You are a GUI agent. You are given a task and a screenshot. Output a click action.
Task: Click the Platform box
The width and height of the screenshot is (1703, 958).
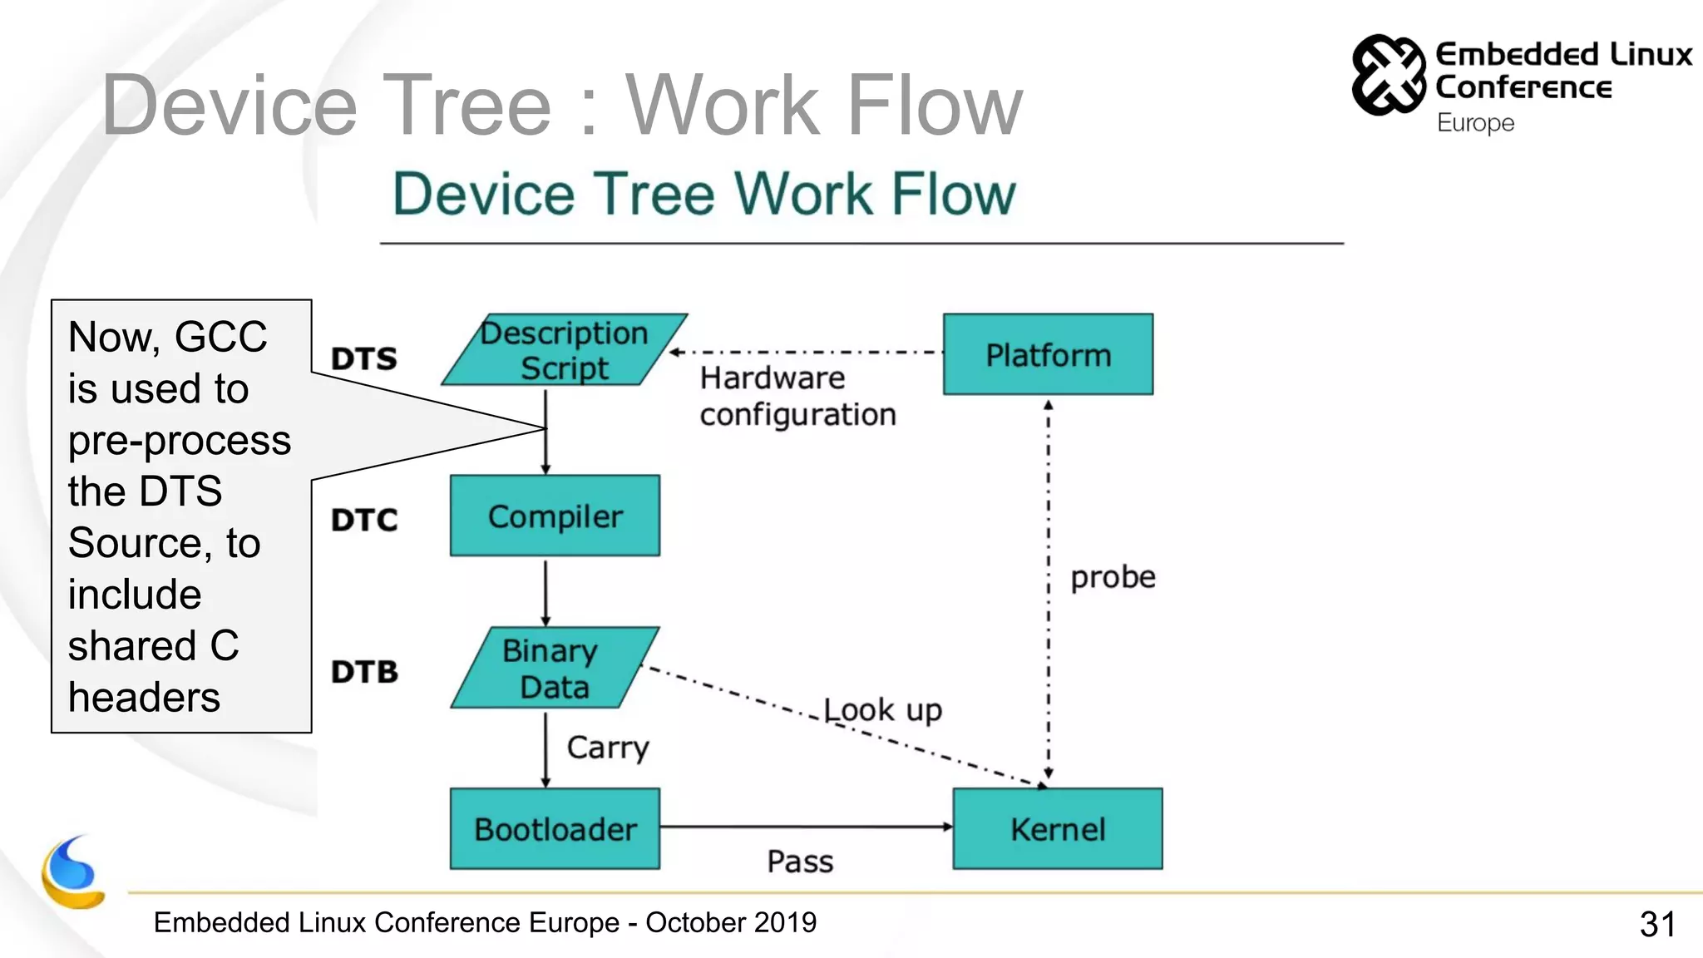pyautogui.click(x=1048, y=354)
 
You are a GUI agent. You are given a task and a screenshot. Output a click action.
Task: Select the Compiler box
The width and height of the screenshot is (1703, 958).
pyautogui.click(x=555, y=516)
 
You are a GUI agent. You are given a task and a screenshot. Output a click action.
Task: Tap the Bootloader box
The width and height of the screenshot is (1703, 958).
pyautogui.click(x=555, y=829)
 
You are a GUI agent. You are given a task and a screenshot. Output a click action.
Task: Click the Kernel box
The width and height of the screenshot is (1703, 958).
pyautogui.click(x=1057, y=829)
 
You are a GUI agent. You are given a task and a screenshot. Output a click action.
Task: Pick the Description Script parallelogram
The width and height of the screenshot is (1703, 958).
pyautogui.click(x=564, y=350)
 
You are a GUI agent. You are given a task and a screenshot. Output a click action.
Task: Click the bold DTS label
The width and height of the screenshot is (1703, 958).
pyautogui.click(x=364, y=358)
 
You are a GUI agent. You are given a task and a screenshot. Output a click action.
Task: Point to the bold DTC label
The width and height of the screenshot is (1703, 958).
pyautogui.click(x=364, y=520)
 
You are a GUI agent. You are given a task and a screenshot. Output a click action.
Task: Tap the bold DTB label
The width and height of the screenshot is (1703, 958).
pyautogui.click(x=364, y=671)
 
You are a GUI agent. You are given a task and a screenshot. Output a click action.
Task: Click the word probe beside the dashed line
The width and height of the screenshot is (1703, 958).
pyautogui.click(x=1113, y=576)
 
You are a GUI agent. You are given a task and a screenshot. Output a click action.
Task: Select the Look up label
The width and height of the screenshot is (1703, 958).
pyautogui.click(x=882, y=710)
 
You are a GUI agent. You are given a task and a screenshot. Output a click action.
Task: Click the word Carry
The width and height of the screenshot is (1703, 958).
pyautogui.click(x=607, y=748)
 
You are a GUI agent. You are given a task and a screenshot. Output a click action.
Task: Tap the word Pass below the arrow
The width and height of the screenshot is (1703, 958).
pyautogui.click(x=799, y=862)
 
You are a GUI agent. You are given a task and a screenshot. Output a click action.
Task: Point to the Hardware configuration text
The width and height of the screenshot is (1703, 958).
pyautogui.click(x=797, y=396)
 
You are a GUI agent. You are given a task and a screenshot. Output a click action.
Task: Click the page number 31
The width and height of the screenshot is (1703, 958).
pyautogui.click(x=1656, y=924)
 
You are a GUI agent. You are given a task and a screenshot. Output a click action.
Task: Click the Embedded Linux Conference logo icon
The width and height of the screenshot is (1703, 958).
pyautogui.click(x=1388, y=75)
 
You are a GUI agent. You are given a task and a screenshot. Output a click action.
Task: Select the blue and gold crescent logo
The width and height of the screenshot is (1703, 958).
pyautogui.click(x=73, y=873)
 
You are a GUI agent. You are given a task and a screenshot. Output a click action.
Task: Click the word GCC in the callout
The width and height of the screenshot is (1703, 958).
pyautogui.click(x=220, y=337)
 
